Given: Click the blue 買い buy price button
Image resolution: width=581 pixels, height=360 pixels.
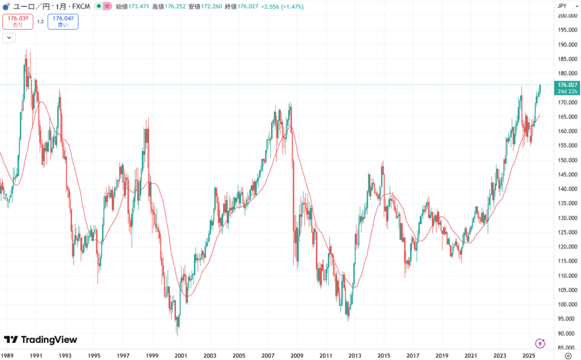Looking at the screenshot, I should coord(62,22).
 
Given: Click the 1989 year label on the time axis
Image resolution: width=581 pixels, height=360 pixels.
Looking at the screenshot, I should coord(7,355).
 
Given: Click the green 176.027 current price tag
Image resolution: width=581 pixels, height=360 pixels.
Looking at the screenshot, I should coord(567,85).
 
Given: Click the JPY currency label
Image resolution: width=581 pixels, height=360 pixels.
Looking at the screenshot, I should coord(562,6).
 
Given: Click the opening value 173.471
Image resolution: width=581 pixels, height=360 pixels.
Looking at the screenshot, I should coord(128,7).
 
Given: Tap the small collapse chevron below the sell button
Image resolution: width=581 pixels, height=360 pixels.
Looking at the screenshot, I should coord(9,37).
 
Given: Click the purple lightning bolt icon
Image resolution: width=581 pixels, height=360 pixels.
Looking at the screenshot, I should coord(540,344).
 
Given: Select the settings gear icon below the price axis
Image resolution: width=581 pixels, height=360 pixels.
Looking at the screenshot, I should coord(567,355).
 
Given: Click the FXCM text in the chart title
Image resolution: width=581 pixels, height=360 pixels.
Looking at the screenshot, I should coord(81,7).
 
